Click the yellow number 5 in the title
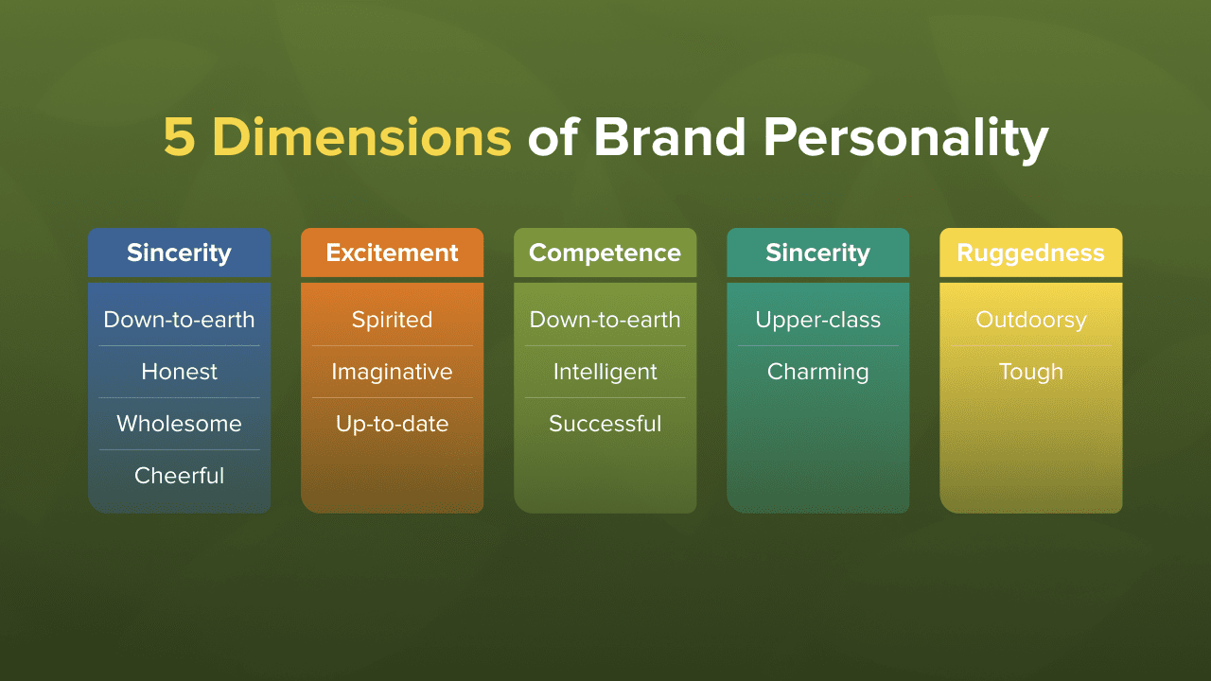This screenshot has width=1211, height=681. click(180, 138)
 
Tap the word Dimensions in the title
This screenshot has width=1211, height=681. click(362, 137)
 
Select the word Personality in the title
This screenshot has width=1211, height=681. click(906, 140)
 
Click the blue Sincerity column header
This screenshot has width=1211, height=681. click(180, 253)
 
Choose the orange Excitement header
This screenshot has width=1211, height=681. click(392, 253)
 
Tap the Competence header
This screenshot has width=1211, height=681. click(605, 253)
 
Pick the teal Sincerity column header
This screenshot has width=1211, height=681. click(818, 253)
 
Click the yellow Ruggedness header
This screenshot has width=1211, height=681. click(1031, 253)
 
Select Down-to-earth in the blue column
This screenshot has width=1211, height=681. click(180, 320)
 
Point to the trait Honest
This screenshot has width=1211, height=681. click(180, 372)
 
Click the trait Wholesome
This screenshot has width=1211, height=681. click(180, 423)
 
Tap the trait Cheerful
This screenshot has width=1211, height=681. click(180, 476)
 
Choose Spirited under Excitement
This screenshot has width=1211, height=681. click(392, 320)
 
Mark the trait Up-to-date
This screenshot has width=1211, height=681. click(392, 425)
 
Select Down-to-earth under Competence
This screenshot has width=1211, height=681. click(605, 320)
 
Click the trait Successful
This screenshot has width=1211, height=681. click(605, 423)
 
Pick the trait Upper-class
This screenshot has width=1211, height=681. click(818, 320)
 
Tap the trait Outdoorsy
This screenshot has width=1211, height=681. click(1031, 320)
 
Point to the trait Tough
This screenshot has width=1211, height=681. click(1031, 373)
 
